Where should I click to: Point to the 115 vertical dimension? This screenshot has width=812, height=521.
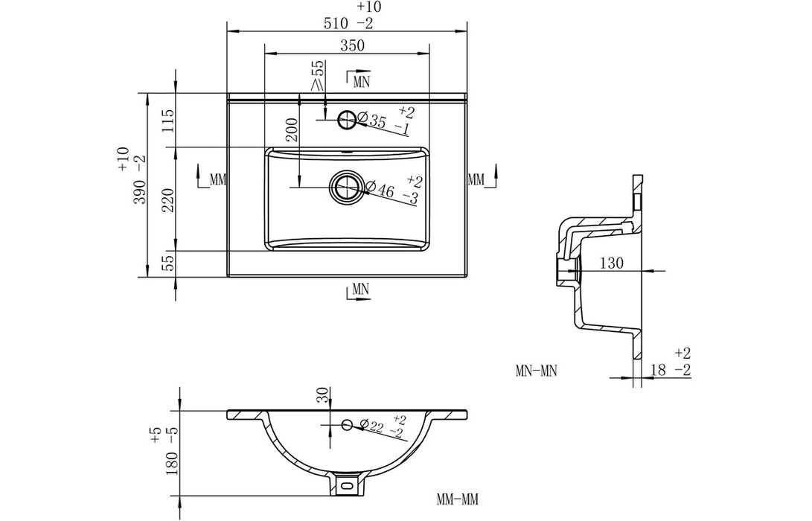(168, 120)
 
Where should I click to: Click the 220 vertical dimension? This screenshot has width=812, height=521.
(168, 199)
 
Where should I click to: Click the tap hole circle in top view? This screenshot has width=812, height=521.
(347, 118)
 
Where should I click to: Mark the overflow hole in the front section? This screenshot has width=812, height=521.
(346, 425)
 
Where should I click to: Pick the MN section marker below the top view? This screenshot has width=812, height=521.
(359, 289)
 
